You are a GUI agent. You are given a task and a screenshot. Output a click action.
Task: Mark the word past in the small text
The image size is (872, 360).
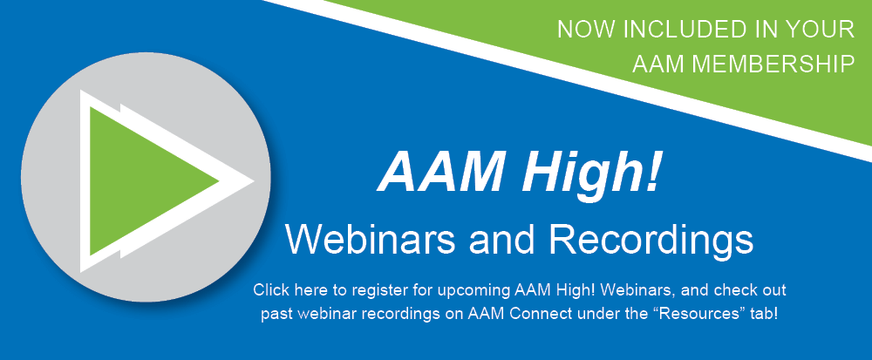click(x=278, y=313)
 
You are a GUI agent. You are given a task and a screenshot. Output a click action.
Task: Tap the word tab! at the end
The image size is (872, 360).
click(x=760, y=313)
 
